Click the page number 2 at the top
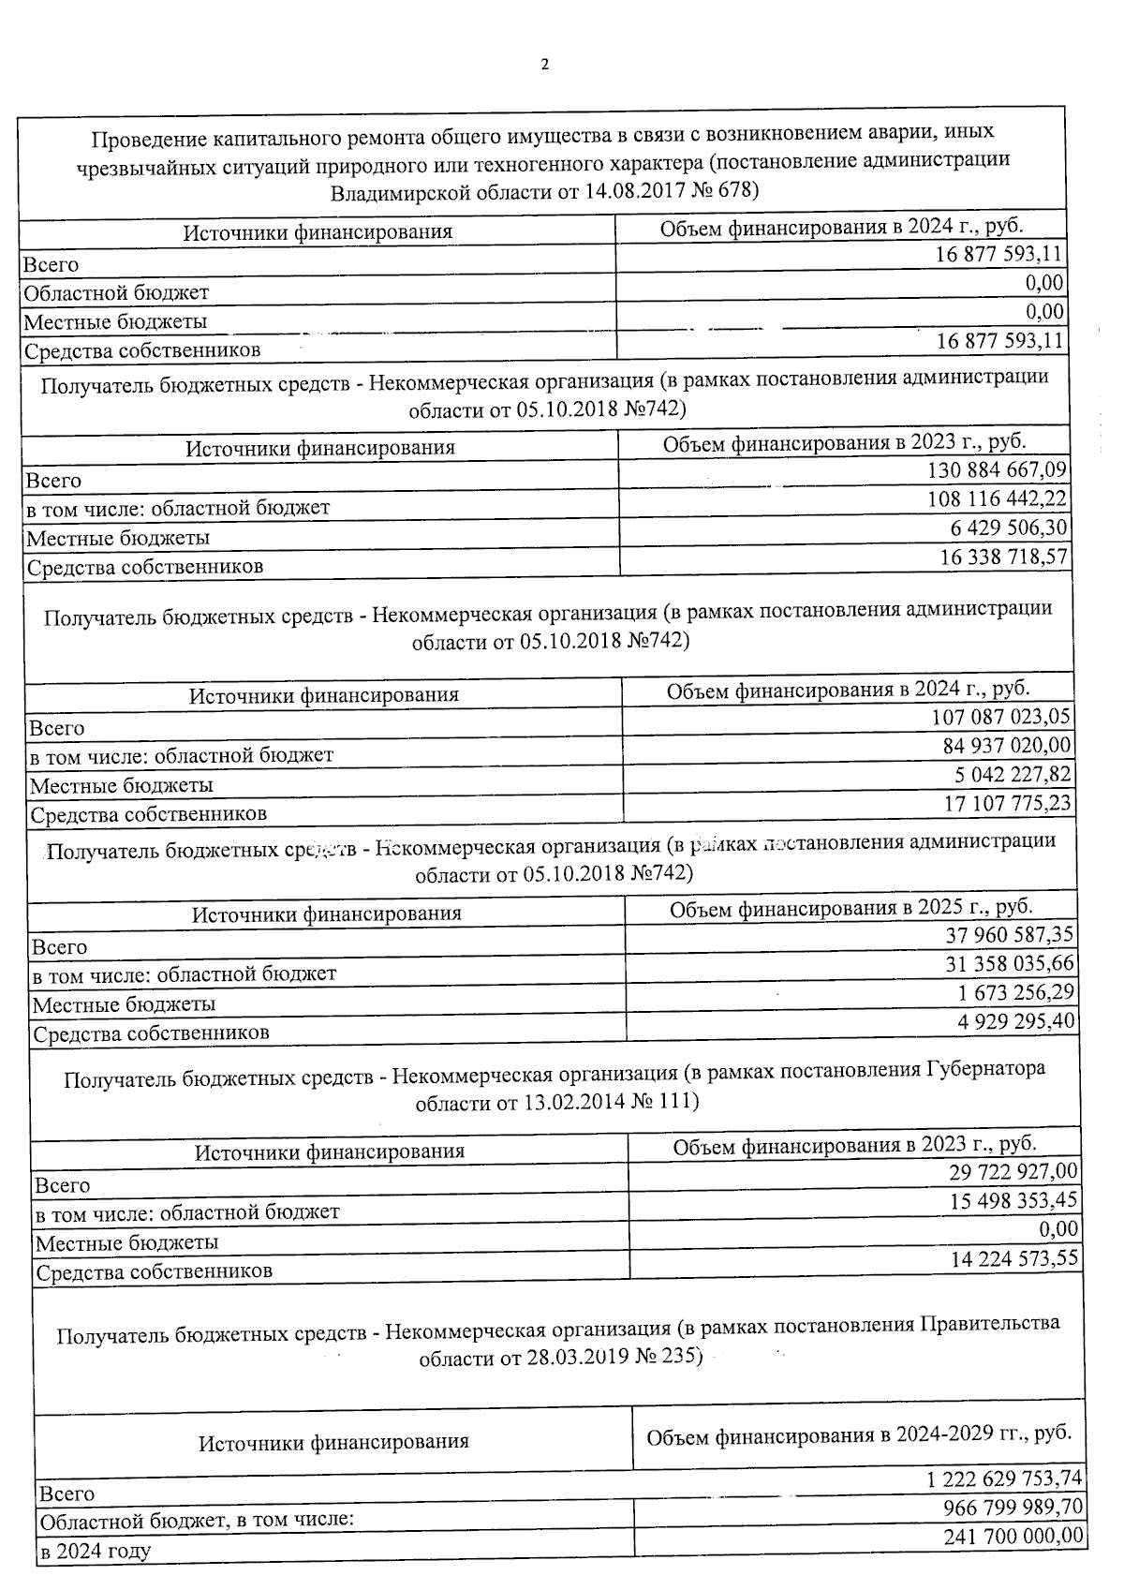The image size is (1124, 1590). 545,65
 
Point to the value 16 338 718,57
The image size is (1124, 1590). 1002,557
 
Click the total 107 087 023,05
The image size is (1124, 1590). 1001,717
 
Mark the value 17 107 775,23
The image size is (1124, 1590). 1007,803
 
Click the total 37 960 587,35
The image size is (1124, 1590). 1010,935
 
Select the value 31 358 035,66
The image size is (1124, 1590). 1010,963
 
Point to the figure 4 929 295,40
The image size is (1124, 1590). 1015,1020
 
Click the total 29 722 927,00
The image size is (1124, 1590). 1013,1171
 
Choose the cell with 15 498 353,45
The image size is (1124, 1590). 1013,1200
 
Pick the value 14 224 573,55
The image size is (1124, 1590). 1013,1258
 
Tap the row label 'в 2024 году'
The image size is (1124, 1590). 95,1551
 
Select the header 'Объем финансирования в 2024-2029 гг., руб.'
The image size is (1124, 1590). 859,1434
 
